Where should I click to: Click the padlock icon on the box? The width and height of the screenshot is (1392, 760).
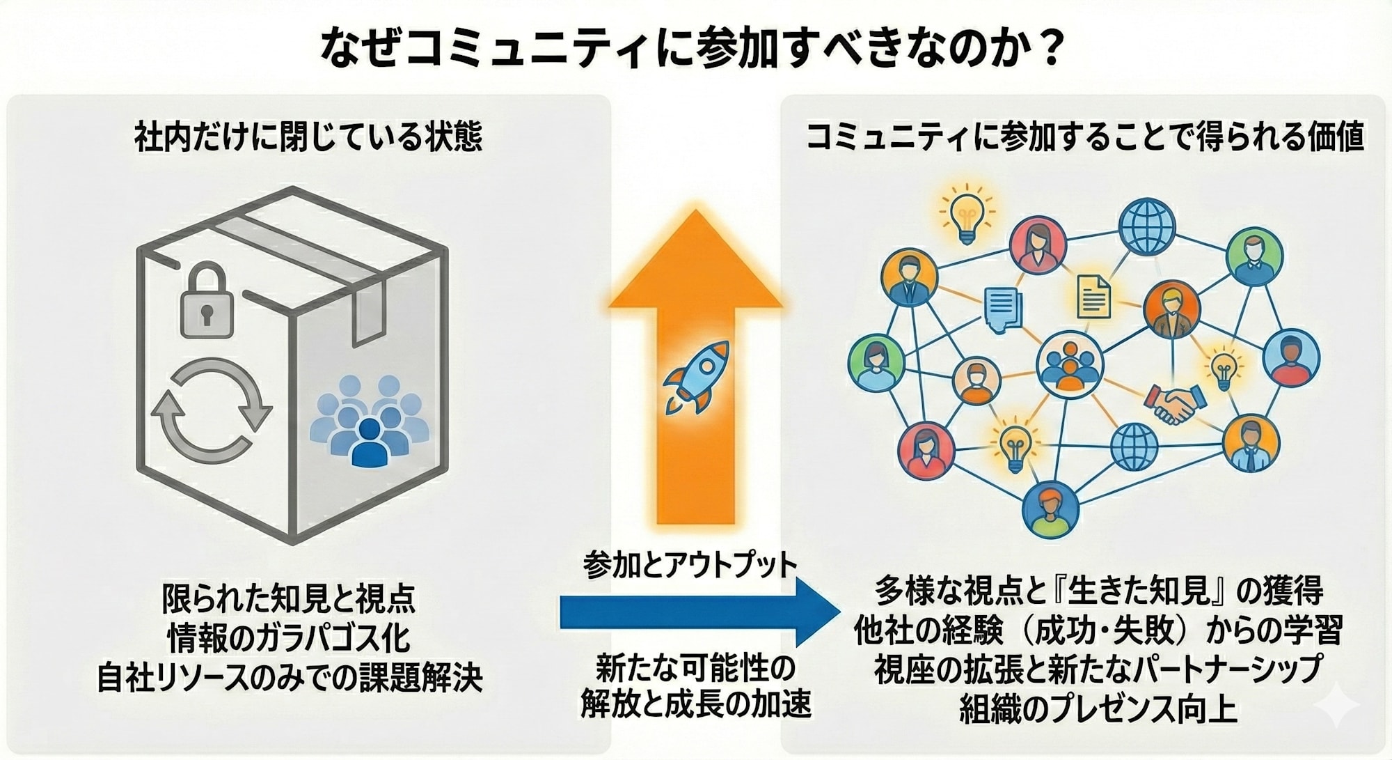(207, 302)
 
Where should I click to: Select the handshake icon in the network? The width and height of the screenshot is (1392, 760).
(1175, 403)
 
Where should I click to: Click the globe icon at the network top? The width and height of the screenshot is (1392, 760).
(1146, 226)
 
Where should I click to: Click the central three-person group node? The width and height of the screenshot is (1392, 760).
(1069, 364)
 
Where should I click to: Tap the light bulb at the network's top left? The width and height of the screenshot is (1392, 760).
(966, 215)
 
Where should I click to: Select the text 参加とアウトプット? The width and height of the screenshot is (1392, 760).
(690, 565)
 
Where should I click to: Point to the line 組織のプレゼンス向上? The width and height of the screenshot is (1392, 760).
(1098, 708)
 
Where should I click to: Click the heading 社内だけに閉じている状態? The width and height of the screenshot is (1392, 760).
(308, 137)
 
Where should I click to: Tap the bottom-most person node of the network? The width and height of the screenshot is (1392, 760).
(1050, 509)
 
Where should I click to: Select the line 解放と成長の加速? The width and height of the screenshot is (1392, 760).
(695, 704)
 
